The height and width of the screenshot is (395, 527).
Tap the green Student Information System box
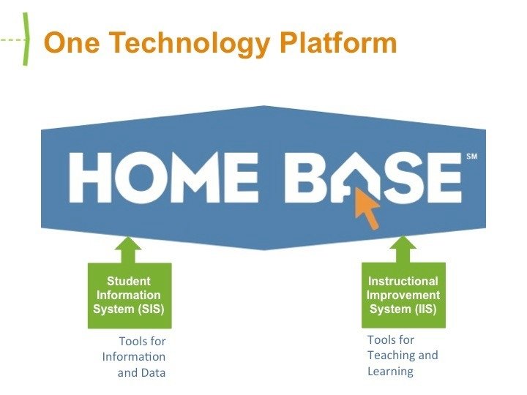click(129, 295)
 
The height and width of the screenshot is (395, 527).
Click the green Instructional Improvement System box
click(403, 295)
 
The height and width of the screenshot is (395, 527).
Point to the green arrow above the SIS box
click(129, 249)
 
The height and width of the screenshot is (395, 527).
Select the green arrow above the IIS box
click(403, 249)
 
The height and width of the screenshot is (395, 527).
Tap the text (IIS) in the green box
click(423, 309)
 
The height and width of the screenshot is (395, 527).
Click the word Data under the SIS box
click(152, 372)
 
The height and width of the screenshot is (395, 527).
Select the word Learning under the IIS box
click(390, 371)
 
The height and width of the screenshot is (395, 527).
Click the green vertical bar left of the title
click(26, 40)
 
